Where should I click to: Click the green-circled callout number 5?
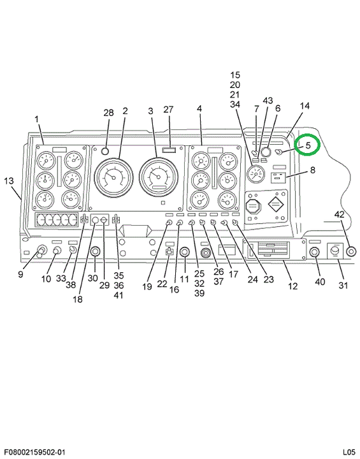[x=308, y=145]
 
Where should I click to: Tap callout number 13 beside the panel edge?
[x=9, y=180]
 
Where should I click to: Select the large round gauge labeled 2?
[x=114, y=177]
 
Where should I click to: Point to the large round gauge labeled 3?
[x=159, y=177]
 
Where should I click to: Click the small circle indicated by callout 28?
[x=105, y=151]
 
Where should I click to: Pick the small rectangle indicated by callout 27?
[x=169, y=150]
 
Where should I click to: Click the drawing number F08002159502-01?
[x=34, y=452]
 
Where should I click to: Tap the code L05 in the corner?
[x=349, y=452]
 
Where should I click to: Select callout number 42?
[x=339, y=215]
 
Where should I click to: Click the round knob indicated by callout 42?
[x=351, y=251]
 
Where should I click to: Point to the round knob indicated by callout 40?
[x=314, y=252]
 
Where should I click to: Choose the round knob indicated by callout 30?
[x=95, y=251]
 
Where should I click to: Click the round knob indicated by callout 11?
[x=184, y=251]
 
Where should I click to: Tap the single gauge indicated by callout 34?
[x=256, y=174]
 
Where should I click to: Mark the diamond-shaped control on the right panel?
[x=276, y=205]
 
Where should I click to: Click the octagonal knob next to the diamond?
[x=252, y=206]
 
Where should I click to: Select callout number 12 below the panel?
[x=292, y=286]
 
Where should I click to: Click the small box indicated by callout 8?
[x=278, y=177]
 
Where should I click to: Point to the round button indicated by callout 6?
[x=266, y=152]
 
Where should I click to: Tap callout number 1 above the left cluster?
[x=36, y=119]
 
